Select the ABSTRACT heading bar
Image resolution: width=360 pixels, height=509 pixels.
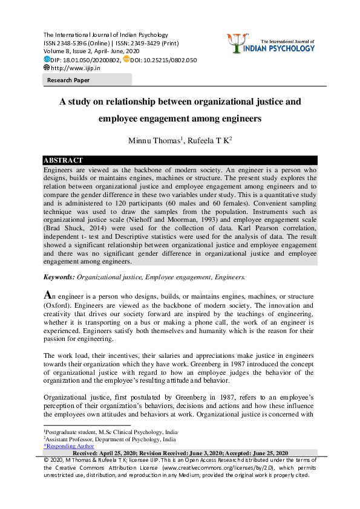point(63,160)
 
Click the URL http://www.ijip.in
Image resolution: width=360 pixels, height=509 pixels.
point(76,68)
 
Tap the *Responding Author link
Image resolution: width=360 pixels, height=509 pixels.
point(69,446)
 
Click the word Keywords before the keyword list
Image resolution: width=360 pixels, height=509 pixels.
point(58,277)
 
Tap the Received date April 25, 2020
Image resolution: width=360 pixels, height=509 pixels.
point(116,453)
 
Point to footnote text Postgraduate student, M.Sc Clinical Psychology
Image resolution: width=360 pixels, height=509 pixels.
point(103,432)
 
